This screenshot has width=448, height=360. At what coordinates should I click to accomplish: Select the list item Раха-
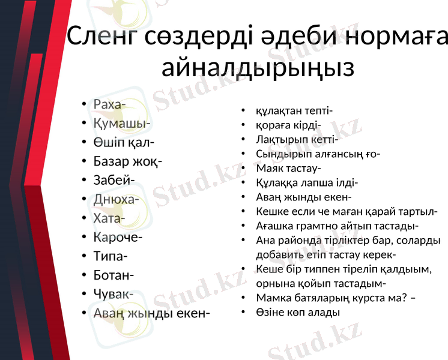(x=109, y=104)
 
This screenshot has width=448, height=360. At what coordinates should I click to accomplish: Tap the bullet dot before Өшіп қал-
(x=85, y=143)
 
